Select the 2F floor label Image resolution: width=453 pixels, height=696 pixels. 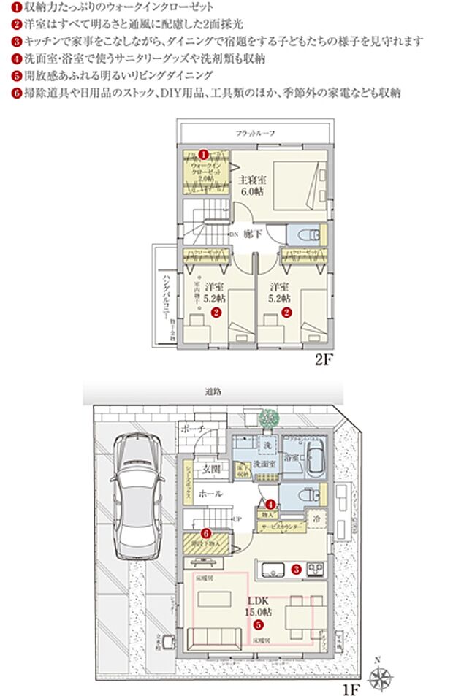pos(324,360)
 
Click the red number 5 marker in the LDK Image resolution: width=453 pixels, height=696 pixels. pos(257,624)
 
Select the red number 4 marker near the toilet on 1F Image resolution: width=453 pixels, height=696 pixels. pos(271,504)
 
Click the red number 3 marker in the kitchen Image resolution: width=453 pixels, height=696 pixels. pos(297,568)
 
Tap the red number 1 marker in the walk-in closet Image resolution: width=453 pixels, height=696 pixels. pos(205,154)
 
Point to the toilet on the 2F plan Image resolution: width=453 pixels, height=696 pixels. pos(306,235)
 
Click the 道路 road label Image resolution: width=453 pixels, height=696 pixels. pos(213,392)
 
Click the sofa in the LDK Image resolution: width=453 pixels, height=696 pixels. pos(217,640)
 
